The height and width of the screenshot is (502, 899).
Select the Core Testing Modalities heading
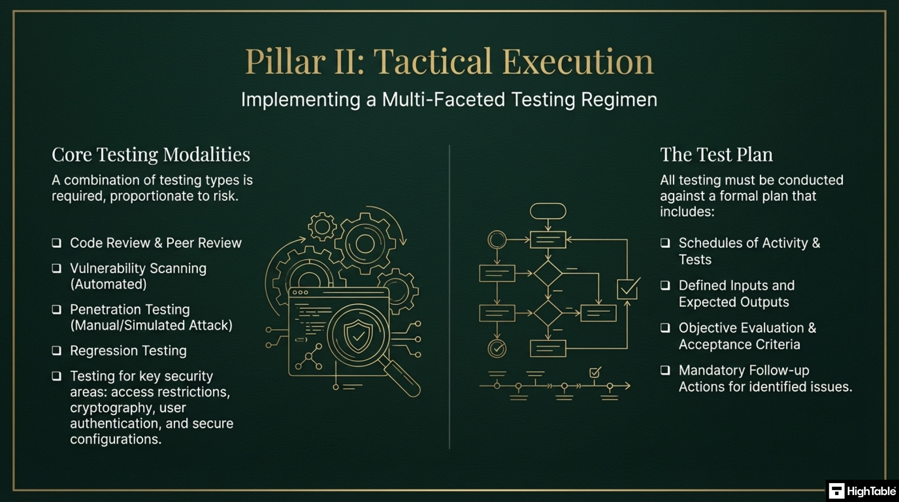pyautogui.click(x=151, y=155)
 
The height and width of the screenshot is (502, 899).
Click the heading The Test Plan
pyautogui.click(x=716, y=155)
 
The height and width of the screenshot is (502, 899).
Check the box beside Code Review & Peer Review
pyautogui.click(x=57, y=243)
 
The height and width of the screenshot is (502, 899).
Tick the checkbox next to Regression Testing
pyautogui.click(x=57, y=350)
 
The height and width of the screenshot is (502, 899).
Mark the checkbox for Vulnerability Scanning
pyautogui.click(x=57, y=268)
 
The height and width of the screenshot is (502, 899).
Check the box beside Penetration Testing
pyautogui.click(x=57, y=309)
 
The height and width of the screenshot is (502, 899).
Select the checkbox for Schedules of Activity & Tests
pyautogui.click(x=665, y=243)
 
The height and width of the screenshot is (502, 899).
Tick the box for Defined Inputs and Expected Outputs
pyautogui.click(x=665, y=285)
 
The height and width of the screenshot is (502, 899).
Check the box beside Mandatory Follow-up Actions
pyautogui.click(x=665, y=370)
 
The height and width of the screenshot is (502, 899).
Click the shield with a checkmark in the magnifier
pyautogui.click(x=358, y=336)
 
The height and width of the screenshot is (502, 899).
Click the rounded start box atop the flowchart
pyautogui.click(x=548, y=211)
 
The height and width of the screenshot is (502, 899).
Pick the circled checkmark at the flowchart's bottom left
pyautogui.click(x=497, y=349)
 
